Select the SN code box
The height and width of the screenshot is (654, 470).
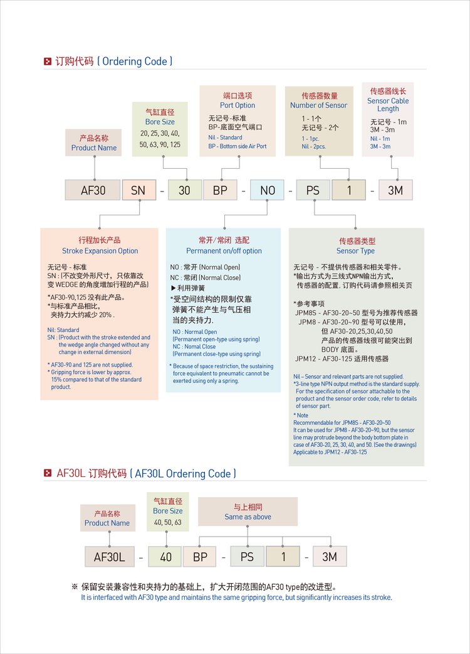click(138, 190)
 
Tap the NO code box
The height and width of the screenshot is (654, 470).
click(268, 190)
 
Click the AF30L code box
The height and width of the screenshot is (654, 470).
click(110, 557)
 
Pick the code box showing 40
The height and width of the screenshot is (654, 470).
click(165, 557)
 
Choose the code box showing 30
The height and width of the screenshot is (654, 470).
click(184, 190)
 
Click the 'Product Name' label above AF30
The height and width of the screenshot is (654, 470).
click(94, 148)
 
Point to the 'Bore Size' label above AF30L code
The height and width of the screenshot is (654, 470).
click(168, 511)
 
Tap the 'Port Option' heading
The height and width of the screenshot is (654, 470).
click(238, 105)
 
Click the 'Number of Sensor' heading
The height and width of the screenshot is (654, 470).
click(318, 105)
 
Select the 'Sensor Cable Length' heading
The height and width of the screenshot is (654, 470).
click(388, 104)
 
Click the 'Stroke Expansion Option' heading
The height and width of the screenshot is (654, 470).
click(100, 250)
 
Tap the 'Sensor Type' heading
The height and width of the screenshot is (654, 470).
click(356, 251)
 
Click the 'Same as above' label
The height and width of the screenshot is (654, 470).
click(248, 517)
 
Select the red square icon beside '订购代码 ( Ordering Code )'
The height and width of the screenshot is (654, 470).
click(47, 62)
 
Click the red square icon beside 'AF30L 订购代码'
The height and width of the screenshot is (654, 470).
click(47, 473)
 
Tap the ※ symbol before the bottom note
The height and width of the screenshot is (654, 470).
click(75, 587)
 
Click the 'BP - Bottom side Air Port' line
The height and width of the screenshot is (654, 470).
click(238, 146)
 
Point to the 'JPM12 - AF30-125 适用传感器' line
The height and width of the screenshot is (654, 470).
click(342, 358)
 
